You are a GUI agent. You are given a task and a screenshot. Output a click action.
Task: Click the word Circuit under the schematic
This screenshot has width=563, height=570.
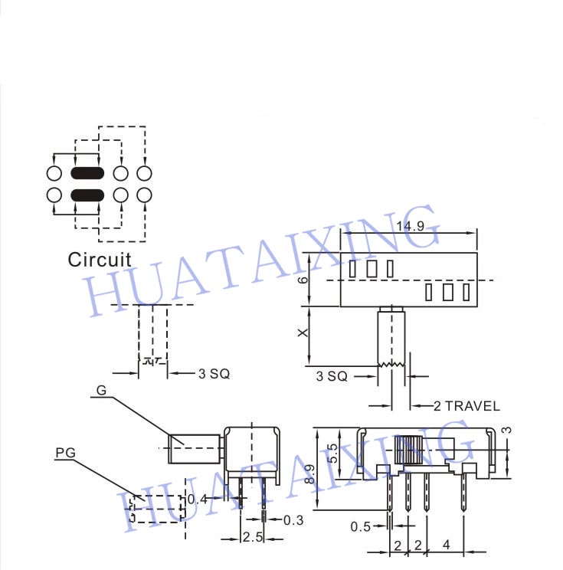[100, 260]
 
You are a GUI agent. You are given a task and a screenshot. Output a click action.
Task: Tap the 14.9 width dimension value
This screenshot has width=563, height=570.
[411, 226]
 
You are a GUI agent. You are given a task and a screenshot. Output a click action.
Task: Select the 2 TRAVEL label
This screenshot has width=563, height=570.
[466, 406]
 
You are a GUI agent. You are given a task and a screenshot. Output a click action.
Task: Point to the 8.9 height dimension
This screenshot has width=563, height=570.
[309, 474]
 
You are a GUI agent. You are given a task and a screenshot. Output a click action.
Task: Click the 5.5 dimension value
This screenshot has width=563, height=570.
[332, 454]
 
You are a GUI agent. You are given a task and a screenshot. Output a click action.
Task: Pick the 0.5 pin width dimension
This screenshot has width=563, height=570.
[360, 526]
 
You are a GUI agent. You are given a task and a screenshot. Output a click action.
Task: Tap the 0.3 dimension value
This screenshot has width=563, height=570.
[293, 520]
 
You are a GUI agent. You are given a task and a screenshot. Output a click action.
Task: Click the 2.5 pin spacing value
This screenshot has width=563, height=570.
[253, 536]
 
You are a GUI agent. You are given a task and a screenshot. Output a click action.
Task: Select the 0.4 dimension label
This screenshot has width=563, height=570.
[198, 500]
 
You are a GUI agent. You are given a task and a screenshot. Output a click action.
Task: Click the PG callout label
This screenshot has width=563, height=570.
[65, 453]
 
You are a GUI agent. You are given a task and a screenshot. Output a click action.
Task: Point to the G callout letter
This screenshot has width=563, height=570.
[101, 390]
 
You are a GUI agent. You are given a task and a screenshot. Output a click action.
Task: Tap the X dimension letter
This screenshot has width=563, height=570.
[303, 332]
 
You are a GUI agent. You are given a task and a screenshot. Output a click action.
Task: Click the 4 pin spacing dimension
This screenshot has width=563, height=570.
[447, 545]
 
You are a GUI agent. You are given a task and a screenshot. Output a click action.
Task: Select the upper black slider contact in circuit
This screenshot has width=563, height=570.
[87, 173]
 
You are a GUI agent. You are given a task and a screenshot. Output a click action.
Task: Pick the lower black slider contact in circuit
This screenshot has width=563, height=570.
[87, 195]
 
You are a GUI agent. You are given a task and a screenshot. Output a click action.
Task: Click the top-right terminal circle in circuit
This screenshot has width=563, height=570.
[144, 173]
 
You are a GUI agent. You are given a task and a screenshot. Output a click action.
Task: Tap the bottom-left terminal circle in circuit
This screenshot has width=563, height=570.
[54, 195]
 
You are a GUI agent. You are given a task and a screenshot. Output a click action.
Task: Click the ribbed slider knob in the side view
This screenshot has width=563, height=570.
[408, 450]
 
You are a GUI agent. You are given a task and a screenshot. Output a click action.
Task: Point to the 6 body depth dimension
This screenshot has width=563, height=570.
[303, 280]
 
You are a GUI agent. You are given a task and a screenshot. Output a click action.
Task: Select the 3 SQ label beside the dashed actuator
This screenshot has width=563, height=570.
[214, 373]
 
